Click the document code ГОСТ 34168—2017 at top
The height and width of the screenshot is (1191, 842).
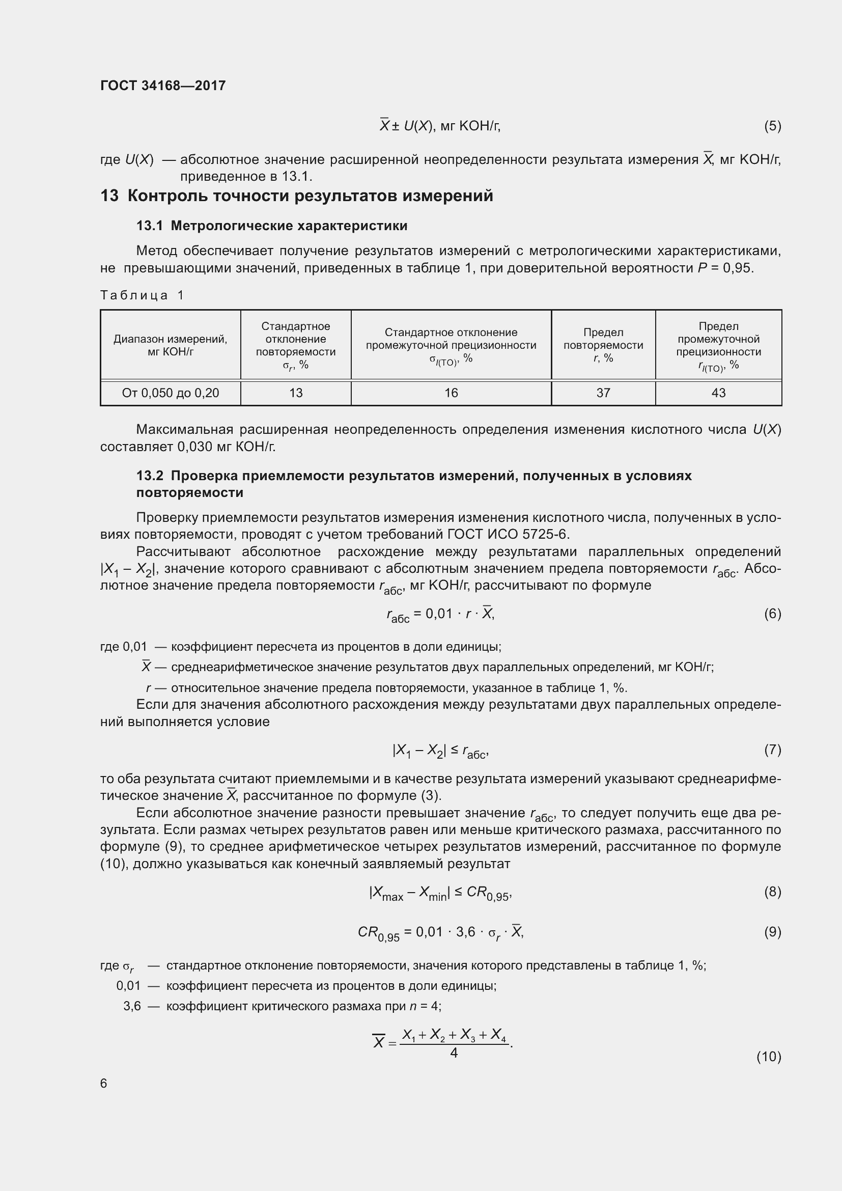pyautogui.click(x=163, y=86)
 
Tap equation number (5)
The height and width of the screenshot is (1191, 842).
pyautogui.click(x=772, y=126)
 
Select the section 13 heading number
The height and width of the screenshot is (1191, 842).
pyautogui.click(x=109, y=196)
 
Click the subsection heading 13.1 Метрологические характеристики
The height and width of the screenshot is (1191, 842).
pyautogui.click(x=272, y=226)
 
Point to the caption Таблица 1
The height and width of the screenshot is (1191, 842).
pyautogui.click(x=142, y=295)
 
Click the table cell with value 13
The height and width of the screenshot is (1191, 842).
pyautogui.click(x=296, y=393)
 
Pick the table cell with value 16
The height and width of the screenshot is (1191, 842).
pyautogui.click(x=451, y=393)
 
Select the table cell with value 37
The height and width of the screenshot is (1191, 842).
pyautogui.click(x=603, y=393)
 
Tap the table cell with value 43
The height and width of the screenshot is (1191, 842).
pyautogui.click(x=718, y=393)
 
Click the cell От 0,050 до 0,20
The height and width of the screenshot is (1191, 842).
pyautogui.click(x=170, y=393)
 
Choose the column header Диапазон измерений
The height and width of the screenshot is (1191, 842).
pyautogui.click(x=170, y=345)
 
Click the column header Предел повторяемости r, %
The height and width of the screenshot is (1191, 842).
pyautogui.click(x=603, y=345)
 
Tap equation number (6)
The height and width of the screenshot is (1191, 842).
pyautogui.click(x=772, y=614)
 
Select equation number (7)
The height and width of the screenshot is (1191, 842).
pyautogui.click(x=772, y=750)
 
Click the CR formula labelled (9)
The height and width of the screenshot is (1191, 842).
pyautogui.click(x=441, y=932)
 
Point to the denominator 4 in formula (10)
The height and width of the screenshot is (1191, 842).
pyautogui.click(x=454, y=1053)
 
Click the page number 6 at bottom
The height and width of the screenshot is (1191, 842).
pyautogui.click(x=104, y=1084)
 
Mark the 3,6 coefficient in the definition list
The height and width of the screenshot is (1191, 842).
pyautogui.click(x=132, y=1006)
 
